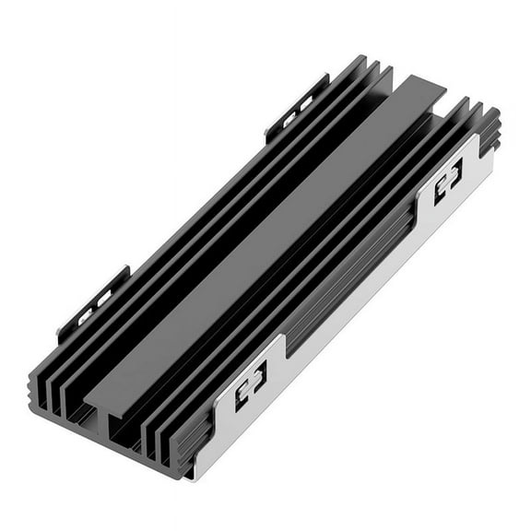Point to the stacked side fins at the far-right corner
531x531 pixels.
489,129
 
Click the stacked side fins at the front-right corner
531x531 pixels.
184,442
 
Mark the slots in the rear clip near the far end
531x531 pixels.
300,109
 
